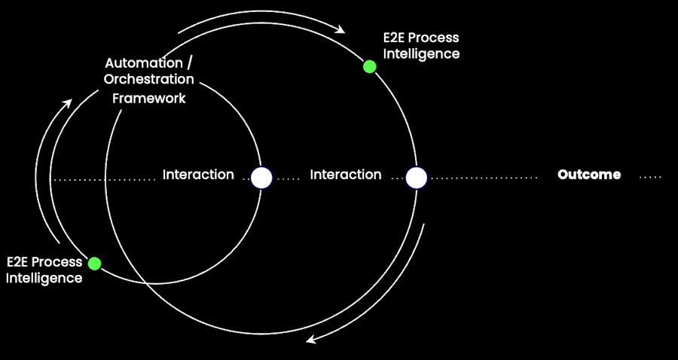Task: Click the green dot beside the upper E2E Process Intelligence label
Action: click(369, 66)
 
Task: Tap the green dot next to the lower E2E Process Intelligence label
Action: click(94, 264)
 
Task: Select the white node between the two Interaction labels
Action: click(261, 178)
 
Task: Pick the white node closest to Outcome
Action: click(417, 178)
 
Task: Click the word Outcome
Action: click(589, 175)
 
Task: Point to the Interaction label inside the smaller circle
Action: click(198, 175)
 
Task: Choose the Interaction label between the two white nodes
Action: click(346, 175)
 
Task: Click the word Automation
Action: click(143, 63)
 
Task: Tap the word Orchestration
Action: click(148, 79)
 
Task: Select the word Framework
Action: click(148, 98)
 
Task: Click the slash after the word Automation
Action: click(188, 63)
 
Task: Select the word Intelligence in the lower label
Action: click(44, 278)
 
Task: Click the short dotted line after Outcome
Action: click(650, 178)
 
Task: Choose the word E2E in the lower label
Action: click(20, 262)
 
